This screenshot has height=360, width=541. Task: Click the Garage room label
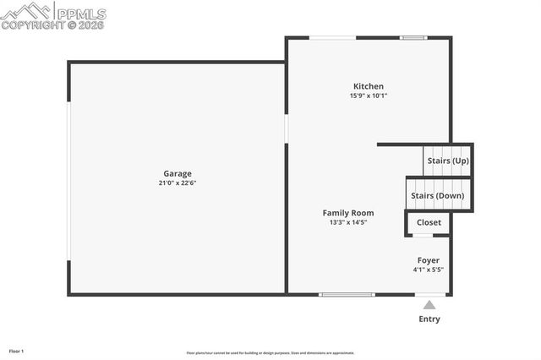(178, 173)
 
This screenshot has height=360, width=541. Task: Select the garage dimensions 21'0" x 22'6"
(178, 183)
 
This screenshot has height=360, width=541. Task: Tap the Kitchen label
(369, 86)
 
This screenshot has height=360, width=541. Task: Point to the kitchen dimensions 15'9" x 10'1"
(369, 95)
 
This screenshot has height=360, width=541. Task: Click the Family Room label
(348, 213)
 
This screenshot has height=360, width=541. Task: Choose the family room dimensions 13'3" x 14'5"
(348, 222)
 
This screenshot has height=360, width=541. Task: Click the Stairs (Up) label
(448, 161)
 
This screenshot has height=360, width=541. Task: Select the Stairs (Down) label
(437, 196)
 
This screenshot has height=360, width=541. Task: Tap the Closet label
(429, 222)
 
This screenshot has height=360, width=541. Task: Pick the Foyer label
(428, 260)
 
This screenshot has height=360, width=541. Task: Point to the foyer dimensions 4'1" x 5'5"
(428, 270)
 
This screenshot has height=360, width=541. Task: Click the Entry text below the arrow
(429, 319)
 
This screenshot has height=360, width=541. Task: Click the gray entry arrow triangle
(429, 305)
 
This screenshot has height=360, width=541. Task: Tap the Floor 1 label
(17, 351)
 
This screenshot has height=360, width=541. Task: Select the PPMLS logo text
(80, 13)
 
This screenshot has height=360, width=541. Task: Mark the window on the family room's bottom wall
(347, 294)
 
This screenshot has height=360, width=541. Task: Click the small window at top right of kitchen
(413, 37)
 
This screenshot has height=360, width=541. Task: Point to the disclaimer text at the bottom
(270, 353)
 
